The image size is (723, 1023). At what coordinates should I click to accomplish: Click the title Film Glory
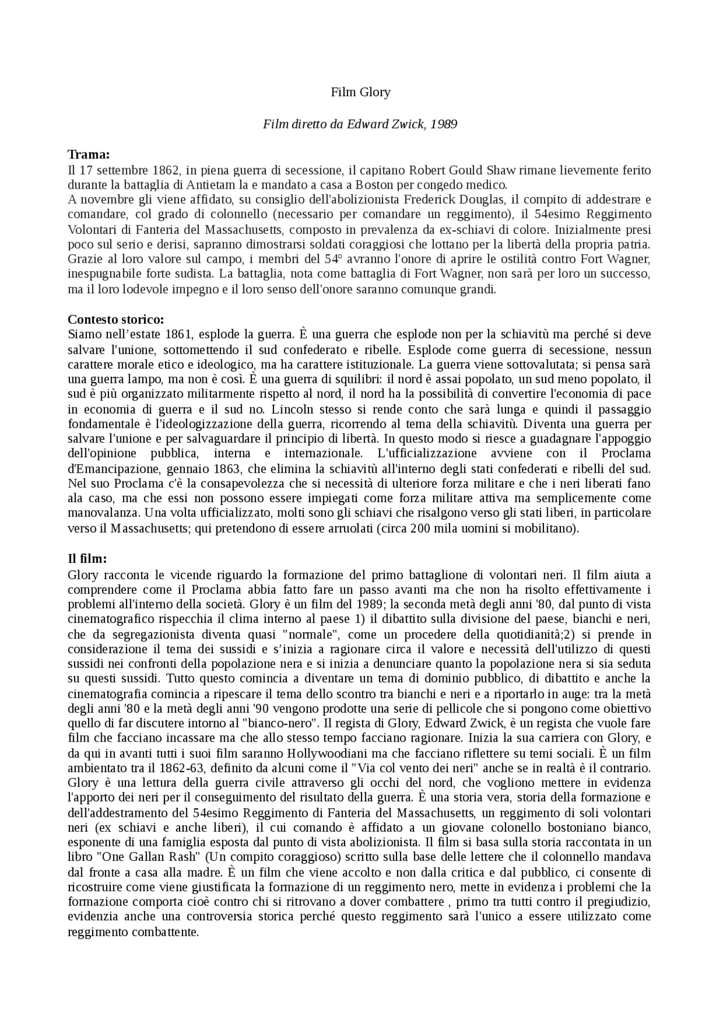click(x=360, y=92)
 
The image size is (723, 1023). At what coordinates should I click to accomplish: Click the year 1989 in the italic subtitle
click(x=443, y=124)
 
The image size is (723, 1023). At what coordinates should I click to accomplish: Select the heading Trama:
click(x=89, y=155)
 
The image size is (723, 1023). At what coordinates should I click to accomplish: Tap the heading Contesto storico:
click(x=116, y=319)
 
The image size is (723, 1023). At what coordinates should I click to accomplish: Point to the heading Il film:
click(x=87, y=559)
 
